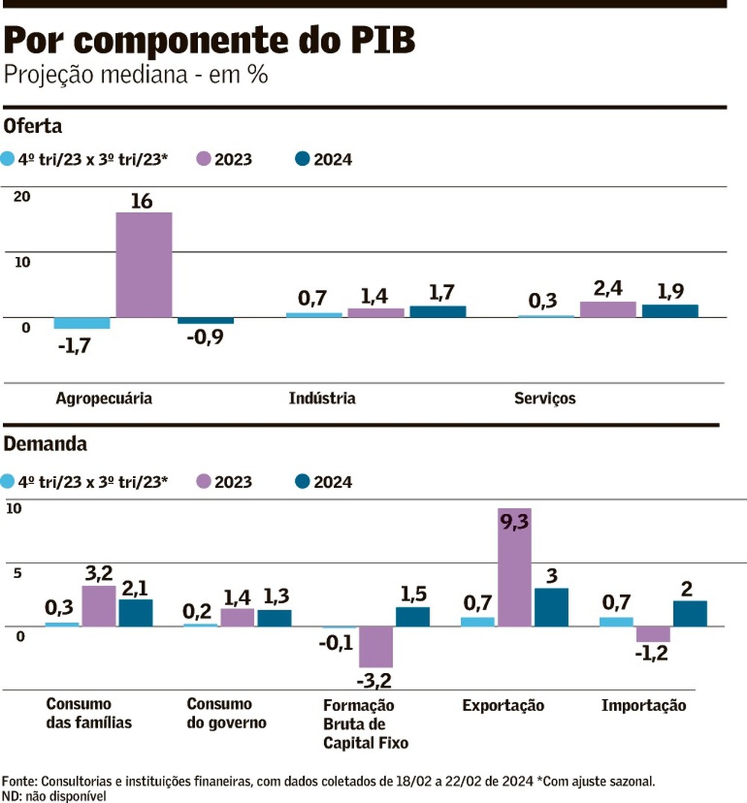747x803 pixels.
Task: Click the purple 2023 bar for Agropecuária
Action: pyautogui.click(x=144, y=265)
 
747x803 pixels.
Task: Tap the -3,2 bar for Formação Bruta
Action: pyautogui.click(x=376, y=647)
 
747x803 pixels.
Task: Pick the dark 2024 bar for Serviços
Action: pyautogui.click(x=670, y=311)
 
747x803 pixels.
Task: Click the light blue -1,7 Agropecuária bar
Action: pyautogui.click(x=82, y=323)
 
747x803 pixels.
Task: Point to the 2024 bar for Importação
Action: pyautogui.click(x=689, y=613)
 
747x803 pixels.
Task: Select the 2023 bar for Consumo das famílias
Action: pyautogui.click(x=99, y=606)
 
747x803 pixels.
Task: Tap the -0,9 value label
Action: pyautogui.click(x=205, y=337)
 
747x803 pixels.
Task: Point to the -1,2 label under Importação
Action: pyautogui.click(x=651, y=654)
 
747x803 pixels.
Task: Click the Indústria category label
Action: pyautogui.click(x=322, y=398)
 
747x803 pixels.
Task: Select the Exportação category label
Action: pyautogui.click(x=503, y=706)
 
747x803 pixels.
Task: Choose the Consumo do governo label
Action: pyautogui.click(x=226, y=713)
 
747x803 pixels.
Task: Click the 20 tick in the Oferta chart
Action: pyautogui.click(x=21, y=196)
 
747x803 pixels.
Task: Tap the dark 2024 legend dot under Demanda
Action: pyautogui.click(x=303, y=482)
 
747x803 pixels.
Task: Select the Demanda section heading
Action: pyautogui.click(x=46, y=444)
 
